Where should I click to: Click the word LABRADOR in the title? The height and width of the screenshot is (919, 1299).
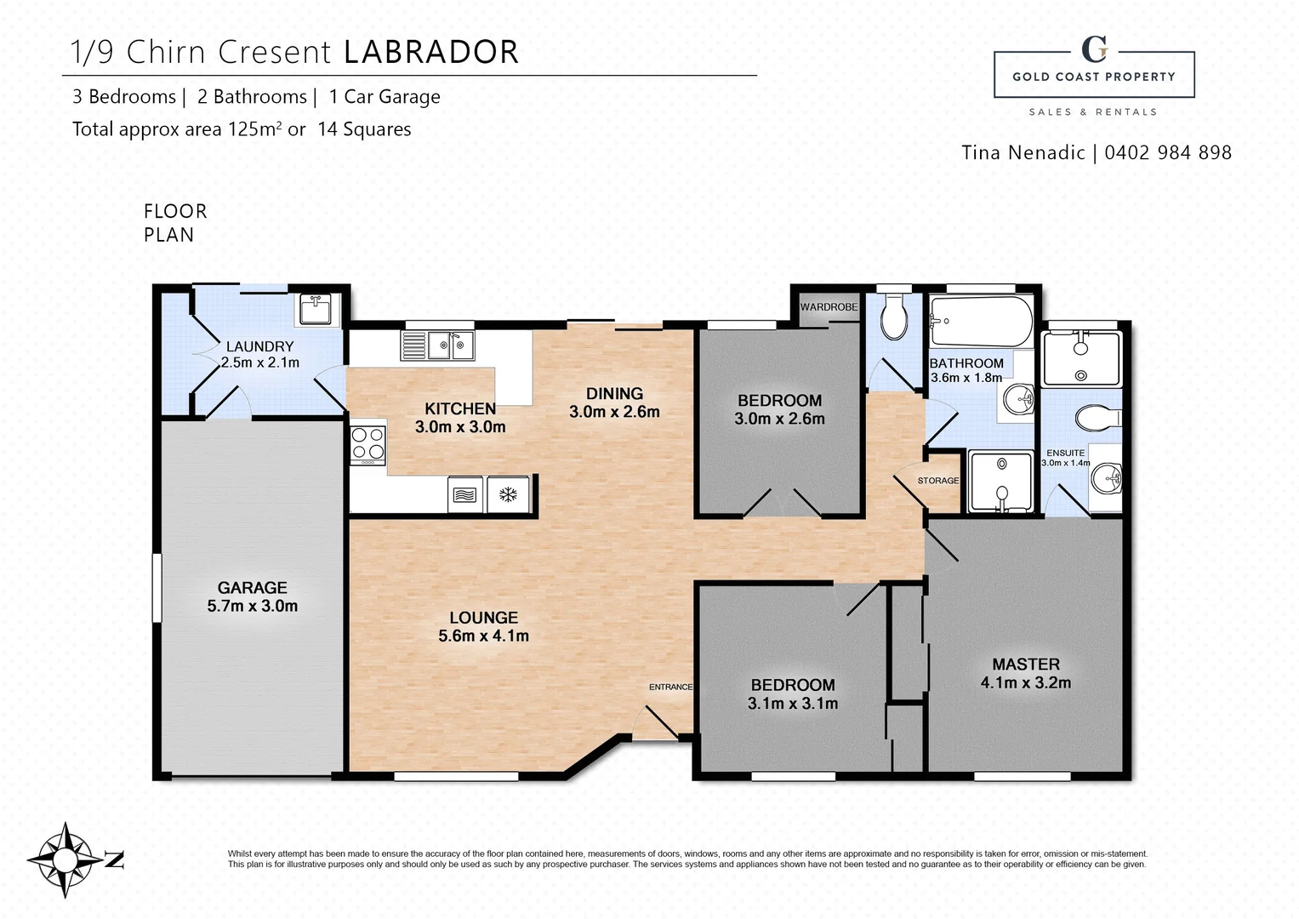431,52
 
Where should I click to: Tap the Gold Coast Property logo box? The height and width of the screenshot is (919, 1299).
1094,74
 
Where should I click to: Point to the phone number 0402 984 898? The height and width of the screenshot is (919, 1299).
1168,152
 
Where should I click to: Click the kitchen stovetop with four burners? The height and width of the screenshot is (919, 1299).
367,445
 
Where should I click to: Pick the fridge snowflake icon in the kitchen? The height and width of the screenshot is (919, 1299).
508,495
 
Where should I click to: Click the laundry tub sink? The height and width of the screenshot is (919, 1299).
316,309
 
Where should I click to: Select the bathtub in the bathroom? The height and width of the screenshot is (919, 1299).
981,321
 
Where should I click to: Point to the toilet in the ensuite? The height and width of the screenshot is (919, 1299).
1098,418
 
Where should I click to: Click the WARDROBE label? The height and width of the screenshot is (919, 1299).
829,307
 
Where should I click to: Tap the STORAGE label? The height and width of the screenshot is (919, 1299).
937,481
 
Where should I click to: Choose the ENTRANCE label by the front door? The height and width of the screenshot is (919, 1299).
670,687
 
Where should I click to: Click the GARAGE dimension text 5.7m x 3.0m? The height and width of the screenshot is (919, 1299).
253,606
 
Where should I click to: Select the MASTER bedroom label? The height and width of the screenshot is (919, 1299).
1026,665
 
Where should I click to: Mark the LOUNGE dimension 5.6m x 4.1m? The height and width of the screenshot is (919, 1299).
484,636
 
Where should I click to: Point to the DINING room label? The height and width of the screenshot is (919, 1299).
614,394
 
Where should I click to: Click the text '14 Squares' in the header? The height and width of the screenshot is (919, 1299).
364,129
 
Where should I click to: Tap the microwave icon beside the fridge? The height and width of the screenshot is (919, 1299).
465,495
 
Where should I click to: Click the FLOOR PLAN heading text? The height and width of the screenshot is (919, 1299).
175,223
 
